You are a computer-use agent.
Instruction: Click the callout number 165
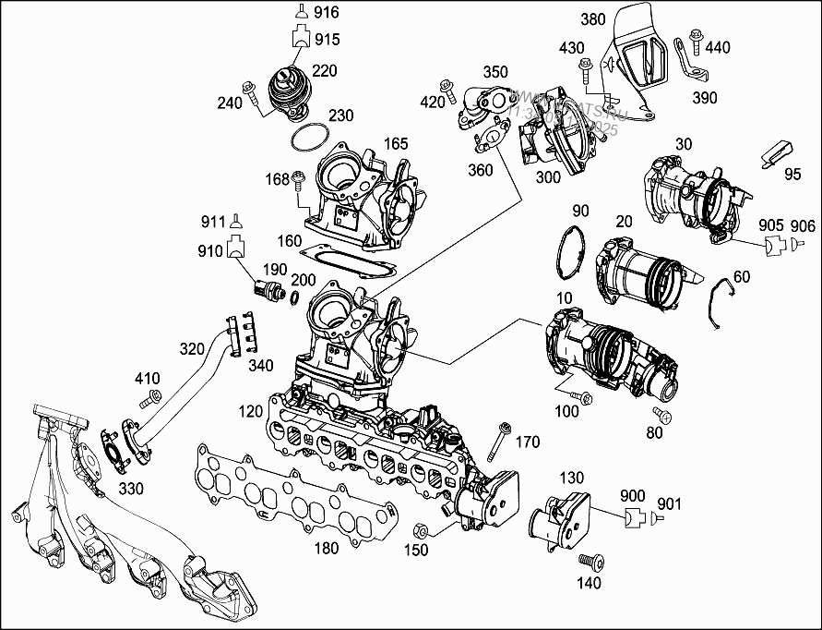click(x=396, y=144)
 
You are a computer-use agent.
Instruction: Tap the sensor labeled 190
click(x=270, y=289)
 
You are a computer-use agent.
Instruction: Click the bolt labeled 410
click(x=151, y=400)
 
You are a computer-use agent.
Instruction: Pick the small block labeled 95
click(x=776, y=153)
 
